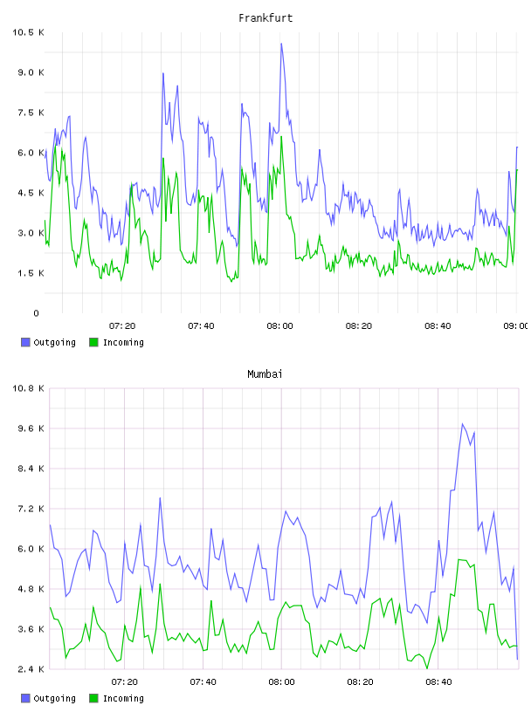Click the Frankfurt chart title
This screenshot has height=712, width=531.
click(265, 18)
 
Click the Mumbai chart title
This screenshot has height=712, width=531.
click(265, 374)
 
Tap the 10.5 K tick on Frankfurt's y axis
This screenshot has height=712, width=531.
click(28, 32)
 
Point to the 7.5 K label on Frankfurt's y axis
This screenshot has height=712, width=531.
click(31, 113)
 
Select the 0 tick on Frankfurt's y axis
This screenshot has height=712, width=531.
click(37, 313)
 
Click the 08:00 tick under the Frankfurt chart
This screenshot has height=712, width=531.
click(280, 326)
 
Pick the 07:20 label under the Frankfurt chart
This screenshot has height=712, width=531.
click(122, 326)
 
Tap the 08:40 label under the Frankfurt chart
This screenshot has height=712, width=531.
click(438, 326)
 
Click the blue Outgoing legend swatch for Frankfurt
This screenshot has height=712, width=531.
click(25, 342)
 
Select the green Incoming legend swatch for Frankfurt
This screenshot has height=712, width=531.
click(93, 342)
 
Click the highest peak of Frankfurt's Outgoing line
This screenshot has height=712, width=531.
click(281, 44)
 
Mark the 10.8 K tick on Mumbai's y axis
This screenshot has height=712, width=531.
click(28, 388)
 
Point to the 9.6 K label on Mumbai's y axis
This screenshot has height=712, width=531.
click(31, 428)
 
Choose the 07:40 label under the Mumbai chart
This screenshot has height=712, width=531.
click(203, 682)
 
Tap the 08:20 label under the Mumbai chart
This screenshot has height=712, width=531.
click(360, 682)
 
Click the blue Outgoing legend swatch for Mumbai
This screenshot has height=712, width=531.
click(25, 698)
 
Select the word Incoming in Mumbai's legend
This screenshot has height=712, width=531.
click(123, 699)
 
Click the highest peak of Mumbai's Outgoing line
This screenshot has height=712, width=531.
click(463, 424)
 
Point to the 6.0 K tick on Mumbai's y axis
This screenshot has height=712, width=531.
click(31, 549)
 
